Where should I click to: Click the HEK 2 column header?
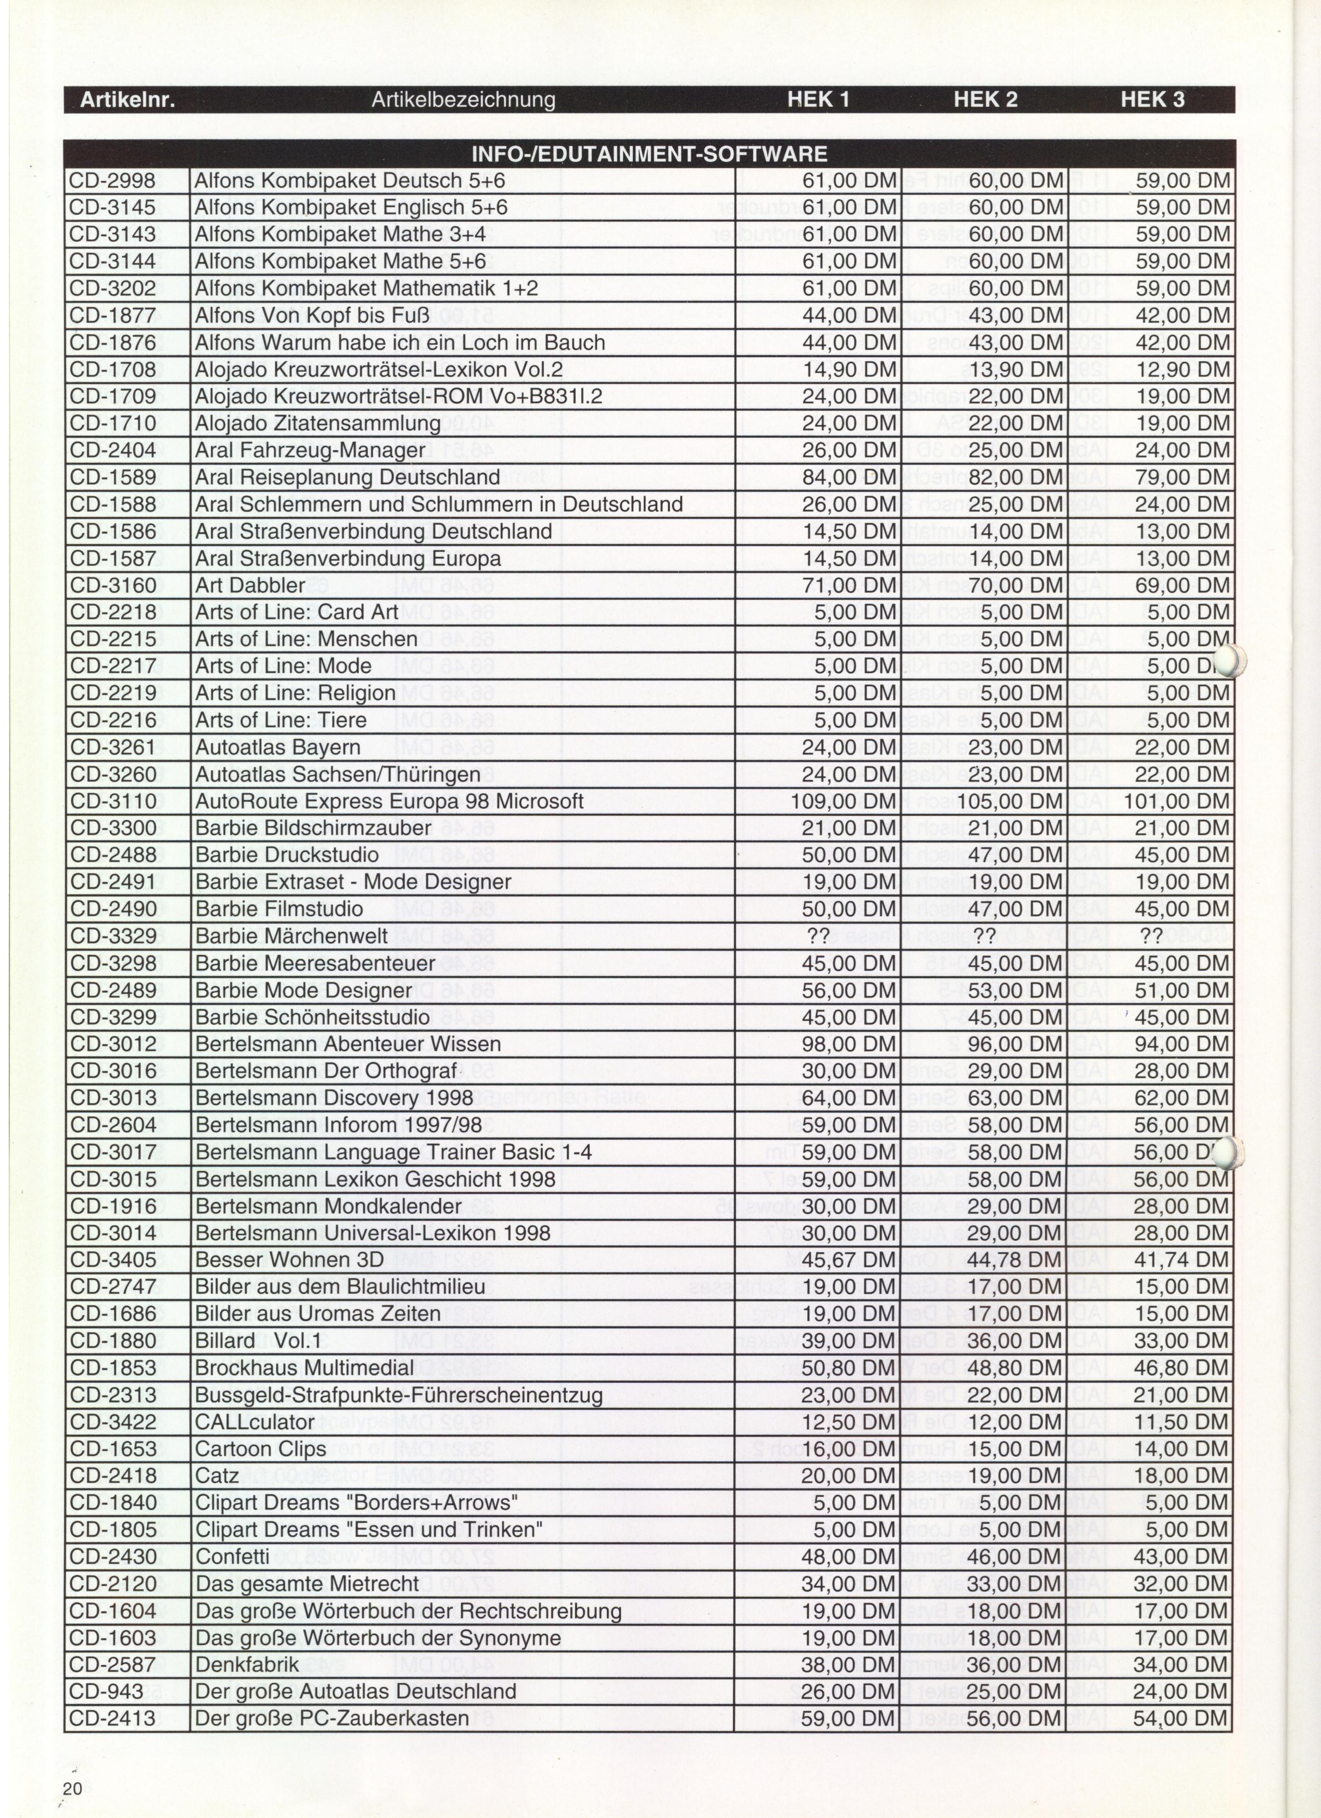[985, 100]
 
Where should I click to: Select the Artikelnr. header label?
[128, 100]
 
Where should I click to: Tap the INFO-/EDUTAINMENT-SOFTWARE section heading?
[649, 154]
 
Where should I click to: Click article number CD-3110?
[113, 801]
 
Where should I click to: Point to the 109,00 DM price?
[843, 801]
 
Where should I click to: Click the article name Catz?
[217, 1476]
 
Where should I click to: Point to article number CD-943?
[107, 1691]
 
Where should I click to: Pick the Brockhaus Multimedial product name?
[304, 1368]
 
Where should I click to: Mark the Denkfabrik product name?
[247, 1664]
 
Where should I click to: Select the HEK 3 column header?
[1152, 100]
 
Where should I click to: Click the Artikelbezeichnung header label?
[463, 100]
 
